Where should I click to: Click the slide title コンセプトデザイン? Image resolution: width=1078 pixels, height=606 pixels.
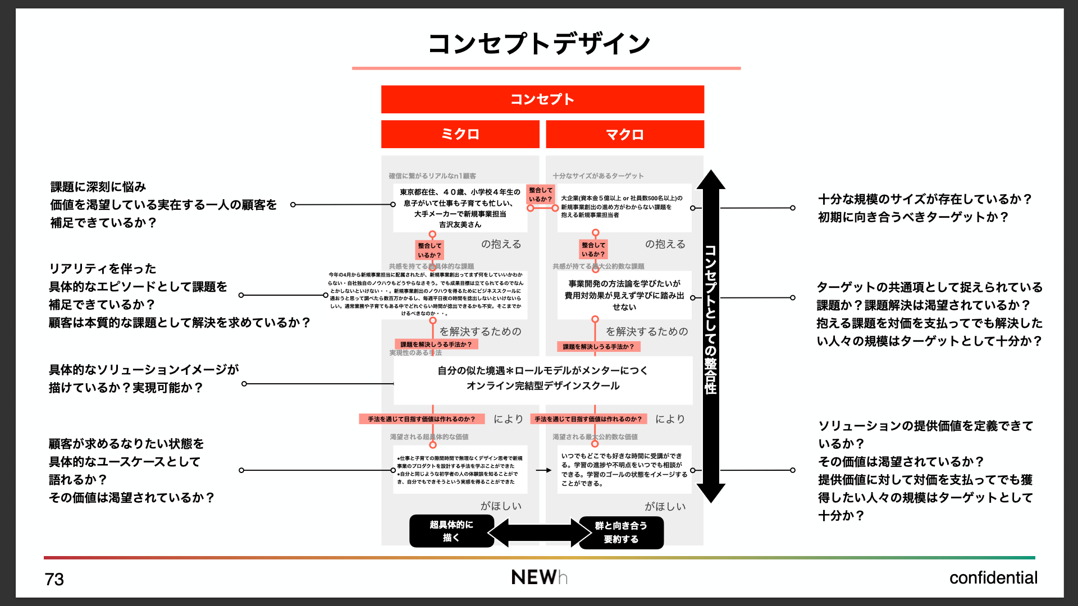pos(539,44)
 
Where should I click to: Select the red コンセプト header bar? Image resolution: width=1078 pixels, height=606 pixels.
pos(542,99)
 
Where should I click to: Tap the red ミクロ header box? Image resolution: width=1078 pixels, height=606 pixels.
pos(460,134)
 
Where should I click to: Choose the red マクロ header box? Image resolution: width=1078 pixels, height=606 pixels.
pos(624,134)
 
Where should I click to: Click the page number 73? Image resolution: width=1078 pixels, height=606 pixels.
pos(54,579)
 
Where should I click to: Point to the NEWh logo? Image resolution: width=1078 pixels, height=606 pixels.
pos(539,577)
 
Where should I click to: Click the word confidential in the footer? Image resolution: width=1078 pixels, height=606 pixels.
pos(993,578)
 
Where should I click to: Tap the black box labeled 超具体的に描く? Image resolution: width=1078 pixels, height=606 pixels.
pos(451,531)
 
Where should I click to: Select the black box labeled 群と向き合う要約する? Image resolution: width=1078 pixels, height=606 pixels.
pos(621,532)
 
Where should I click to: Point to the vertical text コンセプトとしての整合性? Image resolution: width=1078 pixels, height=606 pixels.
pos(710,320)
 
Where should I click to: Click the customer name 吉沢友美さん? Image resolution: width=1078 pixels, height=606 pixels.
pos(460,224)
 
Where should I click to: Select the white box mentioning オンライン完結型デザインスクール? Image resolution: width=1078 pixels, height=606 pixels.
pos(542,379)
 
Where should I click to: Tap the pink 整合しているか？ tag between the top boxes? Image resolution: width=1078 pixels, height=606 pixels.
pos(540,195)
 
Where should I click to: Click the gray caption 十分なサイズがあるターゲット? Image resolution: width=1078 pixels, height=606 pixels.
pos(598,176)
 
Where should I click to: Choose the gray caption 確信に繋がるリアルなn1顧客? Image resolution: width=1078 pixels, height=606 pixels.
pos(432,176)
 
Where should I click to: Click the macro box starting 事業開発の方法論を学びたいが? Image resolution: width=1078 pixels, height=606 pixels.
pos(624,295)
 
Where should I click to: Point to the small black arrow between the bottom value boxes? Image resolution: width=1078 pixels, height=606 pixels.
pos(543,470)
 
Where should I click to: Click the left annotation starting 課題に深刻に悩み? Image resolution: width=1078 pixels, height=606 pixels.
pos(163,205)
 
